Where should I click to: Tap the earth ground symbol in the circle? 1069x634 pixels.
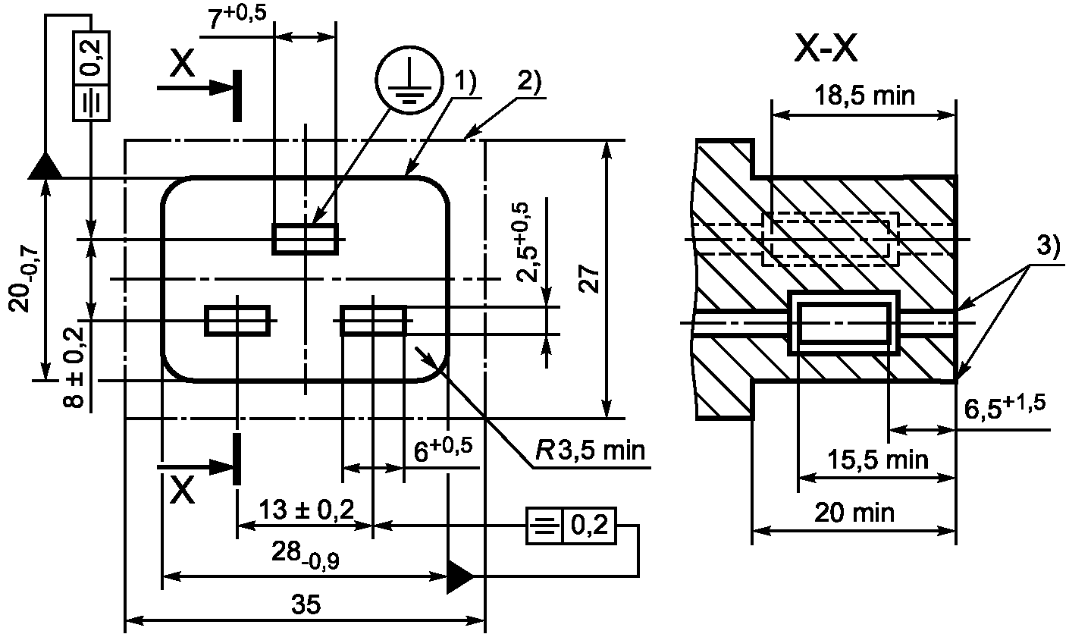tap(409, 80)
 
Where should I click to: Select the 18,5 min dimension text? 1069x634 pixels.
tap(864, 96)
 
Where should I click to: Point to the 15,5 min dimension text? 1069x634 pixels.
tap(878, 460)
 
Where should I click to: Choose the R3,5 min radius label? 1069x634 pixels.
tap(590, 450)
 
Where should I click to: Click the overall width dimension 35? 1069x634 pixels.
tap(306, 604)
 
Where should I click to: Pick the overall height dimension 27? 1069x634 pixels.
tap(590, 278)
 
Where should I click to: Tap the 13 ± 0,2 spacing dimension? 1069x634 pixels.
tap(306, 510)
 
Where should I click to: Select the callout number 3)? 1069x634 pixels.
tap(1048, 246)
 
